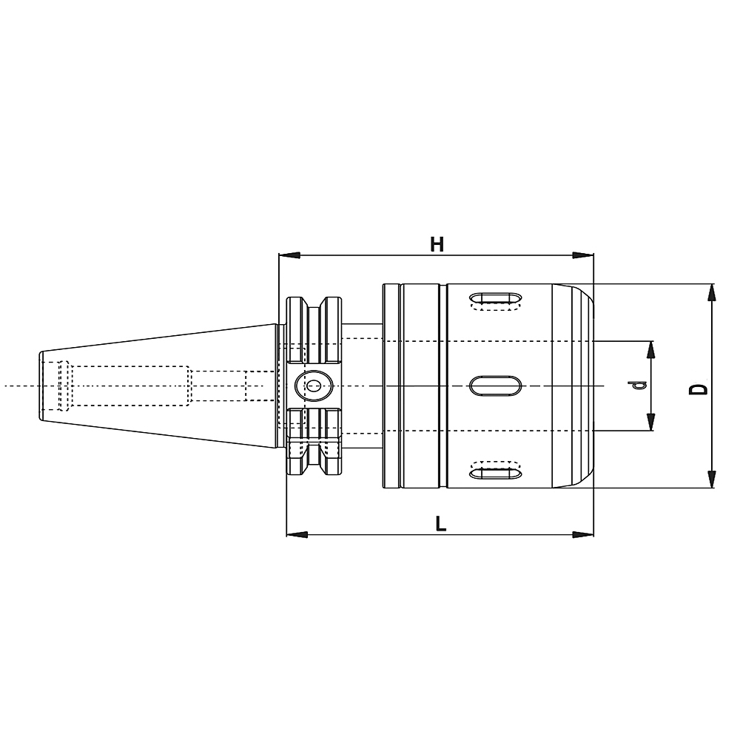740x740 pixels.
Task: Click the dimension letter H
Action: click(x=437, y=244)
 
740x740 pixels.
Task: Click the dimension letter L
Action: click(x=440, y=523)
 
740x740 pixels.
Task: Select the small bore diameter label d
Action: click(x=639, y=386)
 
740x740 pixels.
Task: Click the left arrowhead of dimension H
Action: click(x=289, y=255)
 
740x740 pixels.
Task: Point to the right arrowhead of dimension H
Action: click(x=583, y=255)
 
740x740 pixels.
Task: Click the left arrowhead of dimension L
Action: click(x=297, y=535)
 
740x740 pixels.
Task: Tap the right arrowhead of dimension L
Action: click(x=583, y=535)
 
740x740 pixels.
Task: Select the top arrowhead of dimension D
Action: click(x=712, y=292)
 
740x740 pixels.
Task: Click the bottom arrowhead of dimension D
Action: click(x=712, y=479)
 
